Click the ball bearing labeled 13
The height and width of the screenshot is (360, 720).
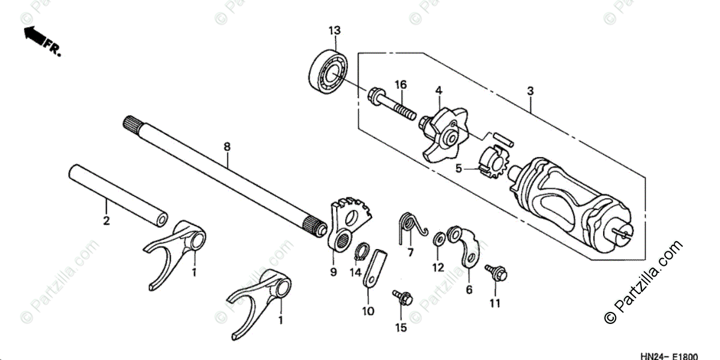329,69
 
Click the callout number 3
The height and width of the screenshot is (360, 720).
530,91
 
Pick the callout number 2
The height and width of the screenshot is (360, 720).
106,221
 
